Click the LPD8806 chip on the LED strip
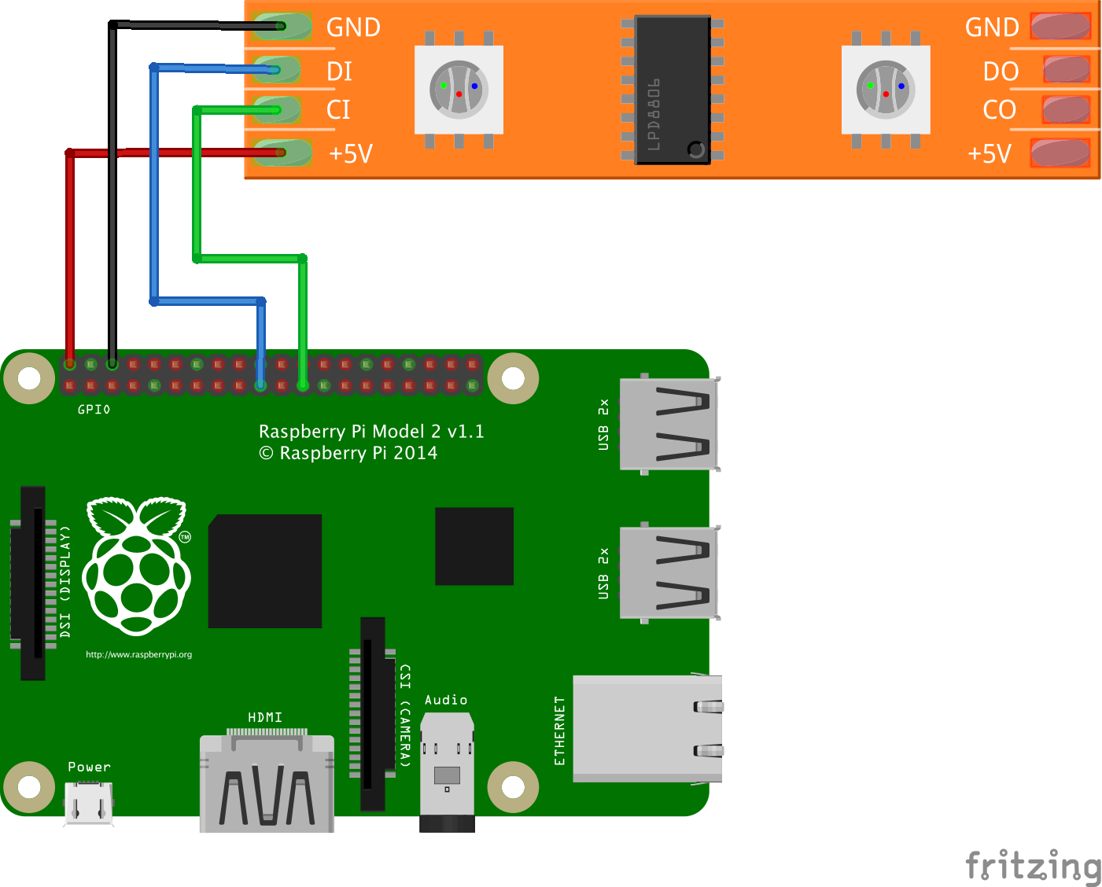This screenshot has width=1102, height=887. pos(673,90)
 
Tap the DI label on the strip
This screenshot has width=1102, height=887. pos(339,72)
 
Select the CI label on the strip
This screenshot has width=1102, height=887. pos(338,110)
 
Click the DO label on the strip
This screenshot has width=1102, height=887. pos(1001,72)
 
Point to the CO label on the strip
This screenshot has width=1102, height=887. pos(999,110)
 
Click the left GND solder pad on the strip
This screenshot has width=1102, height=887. pos(281,27)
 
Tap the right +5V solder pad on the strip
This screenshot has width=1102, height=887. pos(1060,153)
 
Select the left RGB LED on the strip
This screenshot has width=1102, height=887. pos(459,90)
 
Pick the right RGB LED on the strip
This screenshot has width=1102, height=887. pos(886,90)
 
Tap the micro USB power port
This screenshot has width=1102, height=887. pos(89,803)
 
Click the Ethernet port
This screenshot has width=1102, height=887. pos(647,728)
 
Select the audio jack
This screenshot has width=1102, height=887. pos(447,771)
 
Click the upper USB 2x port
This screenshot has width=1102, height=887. pos(669,424)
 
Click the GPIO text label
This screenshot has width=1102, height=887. pos(94,410)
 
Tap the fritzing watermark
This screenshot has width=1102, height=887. pos(1033,866)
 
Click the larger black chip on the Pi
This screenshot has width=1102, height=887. pos(265,571)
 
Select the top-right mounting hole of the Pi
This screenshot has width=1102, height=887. pos(513,379)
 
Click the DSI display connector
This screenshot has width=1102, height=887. pos(32,583)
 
